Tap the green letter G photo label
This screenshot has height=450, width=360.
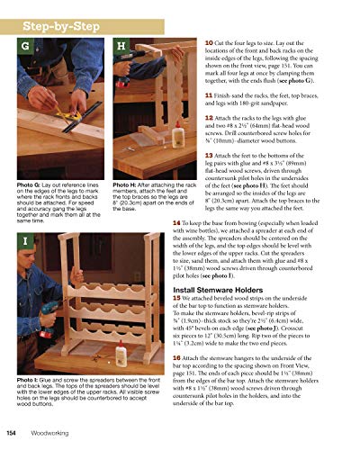click(25, 46)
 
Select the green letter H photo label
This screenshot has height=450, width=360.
click(121, 46)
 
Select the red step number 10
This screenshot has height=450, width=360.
click(210, 42)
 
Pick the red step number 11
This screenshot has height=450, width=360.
click(210, 94)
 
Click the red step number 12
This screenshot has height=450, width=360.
click(210, 118)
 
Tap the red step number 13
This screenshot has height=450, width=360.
click(210, 154)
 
